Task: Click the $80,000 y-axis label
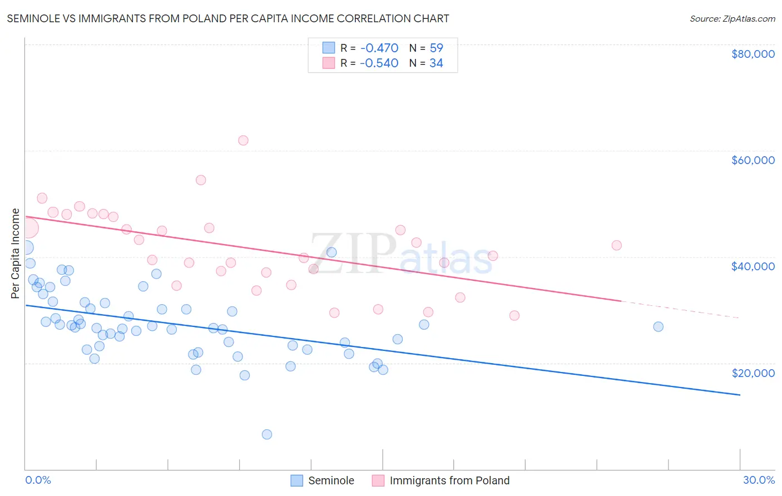pos(753,54)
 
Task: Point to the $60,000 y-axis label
pos(753,160)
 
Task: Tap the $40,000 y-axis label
pos(753,266)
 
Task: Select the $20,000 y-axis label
pos(753,373)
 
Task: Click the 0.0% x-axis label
pos(38,480)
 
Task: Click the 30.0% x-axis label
pos(759,480)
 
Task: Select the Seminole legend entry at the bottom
pos(331,480)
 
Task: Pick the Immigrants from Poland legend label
pos(449,480)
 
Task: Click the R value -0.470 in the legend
pos(379,48)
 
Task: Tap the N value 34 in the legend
pos(436,63)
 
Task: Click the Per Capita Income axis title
pos(16,254)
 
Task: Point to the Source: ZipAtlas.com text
pos(732,19)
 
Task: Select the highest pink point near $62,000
pos(243,140)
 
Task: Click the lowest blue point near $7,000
pos(267,434)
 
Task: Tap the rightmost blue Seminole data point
pos(658,326)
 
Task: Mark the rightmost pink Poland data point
pos(616,245)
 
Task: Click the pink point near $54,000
pos(201,180)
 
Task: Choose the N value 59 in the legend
pos(436,48)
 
